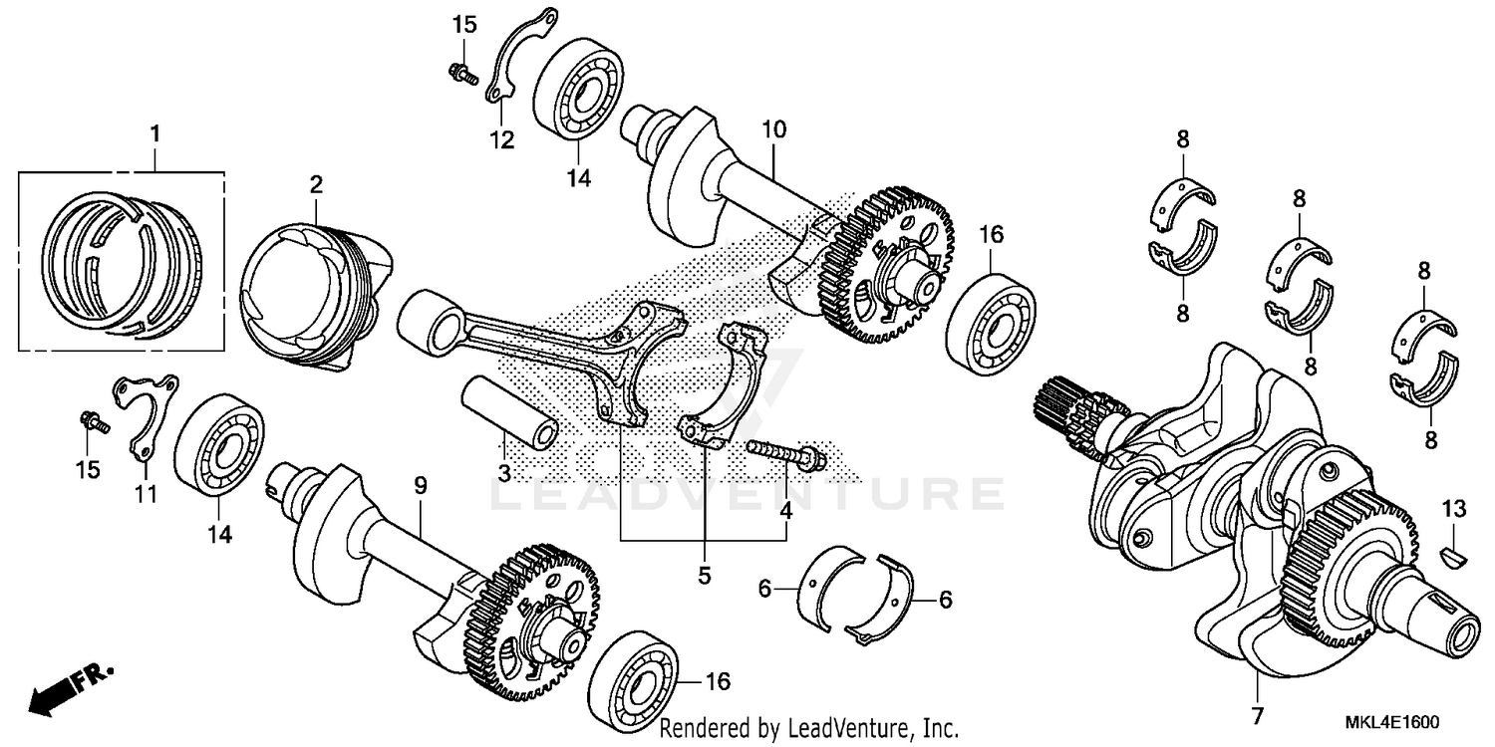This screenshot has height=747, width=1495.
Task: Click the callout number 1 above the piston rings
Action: coord(154,132)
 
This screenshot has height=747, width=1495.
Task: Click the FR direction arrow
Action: coord(70,688)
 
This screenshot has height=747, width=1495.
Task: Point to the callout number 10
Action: coord(774,129)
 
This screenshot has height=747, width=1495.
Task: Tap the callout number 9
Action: coord(420,485)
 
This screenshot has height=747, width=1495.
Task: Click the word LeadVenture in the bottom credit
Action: coord(852,728)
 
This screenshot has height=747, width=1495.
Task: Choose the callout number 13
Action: coord(1454,509)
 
